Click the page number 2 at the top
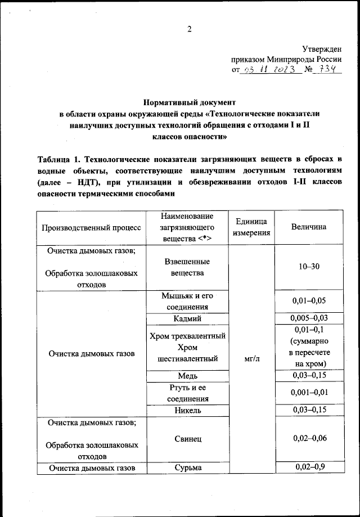190,30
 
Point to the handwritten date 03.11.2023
264,70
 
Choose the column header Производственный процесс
91,227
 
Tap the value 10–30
309,266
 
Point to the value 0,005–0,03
309,318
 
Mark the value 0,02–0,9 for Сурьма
309,466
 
